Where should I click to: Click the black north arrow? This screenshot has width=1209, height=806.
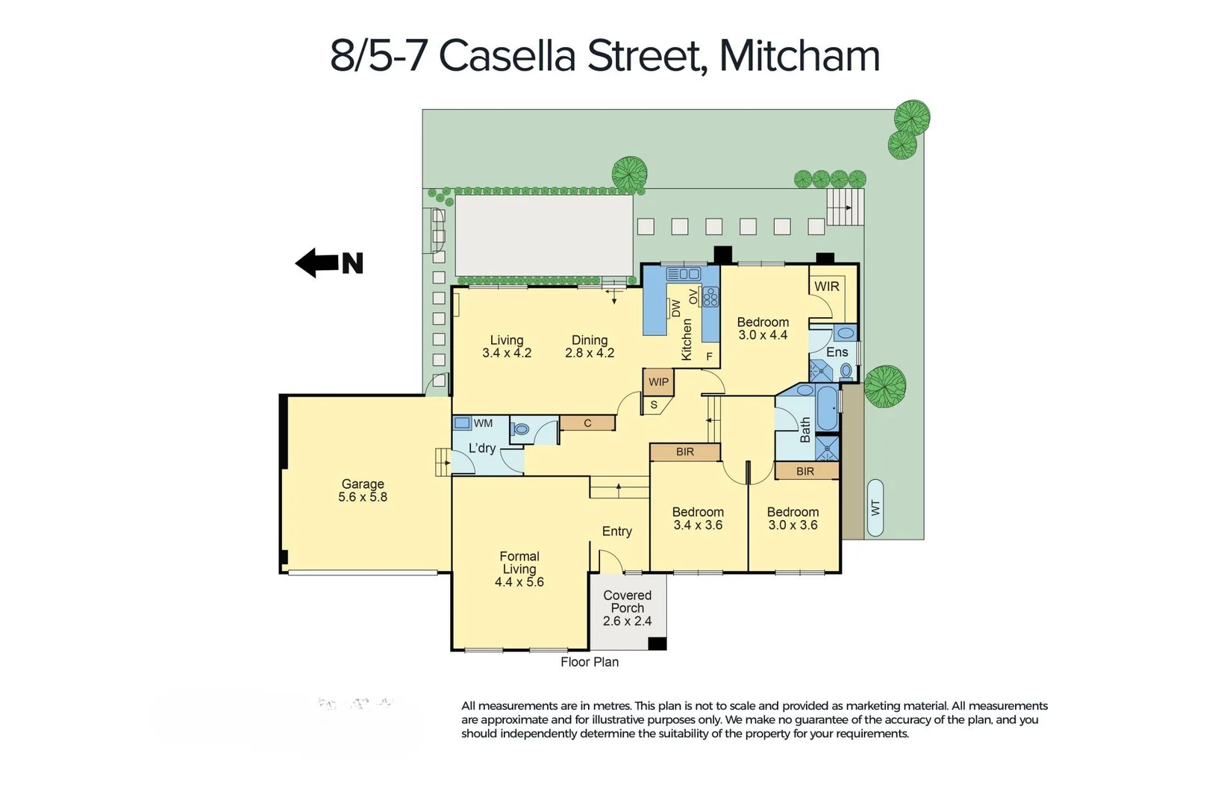click(x=317, y=263)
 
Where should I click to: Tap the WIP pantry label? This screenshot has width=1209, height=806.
click(x=658, y=382)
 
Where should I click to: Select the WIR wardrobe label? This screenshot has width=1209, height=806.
click(x=826, y=287)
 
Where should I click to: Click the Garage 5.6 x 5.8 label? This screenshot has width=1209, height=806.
click(x=363, y=490)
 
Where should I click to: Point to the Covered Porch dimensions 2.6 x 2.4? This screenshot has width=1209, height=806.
click(x=627, y=621)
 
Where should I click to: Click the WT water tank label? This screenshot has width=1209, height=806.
click(x=875, y=507)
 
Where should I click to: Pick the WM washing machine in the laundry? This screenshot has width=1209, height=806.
click(x=463, y=423)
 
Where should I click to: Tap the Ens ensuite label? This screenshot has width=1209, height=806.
click(x=837, y=352)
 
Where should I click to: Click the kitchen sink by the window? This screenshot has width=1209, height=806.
click(x=683, y=274)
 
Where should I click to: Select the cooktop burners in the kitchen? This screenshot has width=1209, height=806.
click(x=710, y=297)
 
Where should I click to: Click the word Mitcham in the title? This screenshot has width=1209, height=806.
click(x=799, y=56)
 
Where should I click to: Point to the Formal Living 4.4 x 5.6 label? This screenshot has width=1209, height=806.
click(x=519, y=569)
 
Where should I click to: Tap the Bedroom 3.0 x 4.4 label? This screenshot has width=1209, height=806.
click(x=763, y=328)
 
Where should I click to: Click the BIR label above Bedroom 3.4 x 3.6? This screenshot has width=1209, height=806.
click(x=685, y=452)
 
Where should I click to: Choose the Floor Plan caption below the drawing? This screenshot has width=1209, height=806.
click(x=590, y=662)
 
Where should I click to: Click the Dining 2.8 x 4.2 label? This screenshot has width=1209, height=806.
click(x=590, y=346)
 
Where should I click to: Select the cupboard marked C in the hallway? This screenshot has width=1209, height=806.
click(x=587, y=423)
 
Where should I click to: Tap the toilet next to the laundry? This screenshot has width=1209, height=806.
click(x=521, y=429)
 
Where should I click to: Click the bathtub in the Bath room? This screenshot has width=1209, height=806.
click(x=827, y=408)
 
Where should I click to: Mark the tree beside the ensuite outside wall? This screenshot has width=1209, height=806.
click(x=885, y=387)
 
